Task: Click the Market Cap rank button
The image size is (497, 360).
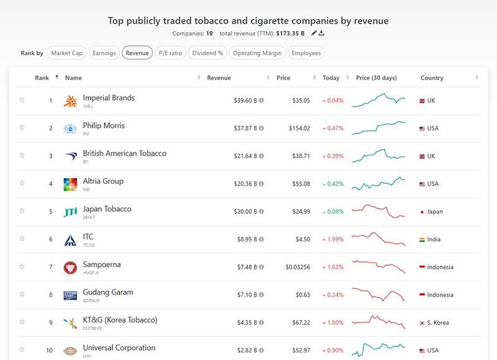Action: pos(66,53)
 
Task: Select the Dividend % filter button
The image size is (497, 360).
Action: pos(207,53)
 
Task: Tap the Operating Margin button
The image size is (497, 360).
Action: pos(257,53)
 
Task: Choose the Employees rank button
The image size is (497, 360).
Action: pos(306,53)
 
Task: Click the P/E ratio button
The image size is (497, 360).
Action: pos(170,53)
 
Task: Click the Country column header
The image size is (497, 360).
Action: pos(432,78)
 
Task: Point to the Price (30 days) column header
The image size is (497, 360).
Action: pos(376,78)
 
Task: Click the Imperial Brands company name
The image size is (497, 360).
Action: pos(109,97)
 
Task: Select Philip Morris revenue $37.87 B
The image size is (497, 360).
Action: pos(245,128)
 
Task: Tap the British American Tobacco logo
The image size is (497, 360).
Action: pos(70,156)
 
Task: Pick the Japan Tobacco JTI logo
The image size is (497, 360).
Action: pos(70,212)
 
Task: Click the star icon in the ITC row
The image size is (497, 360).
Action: pos(22,238)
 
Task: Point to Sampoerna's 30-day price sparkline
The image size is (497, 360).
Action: pos(378,267)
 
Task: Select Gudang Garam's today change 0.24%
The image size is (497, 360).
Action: pos(333,295)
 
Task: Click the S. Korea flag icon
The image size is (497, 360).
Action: pos(422,323)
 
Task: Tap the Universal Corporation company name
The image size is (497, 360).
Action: pos(119,348)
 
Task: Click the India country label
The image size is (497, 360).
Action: pos(435,240)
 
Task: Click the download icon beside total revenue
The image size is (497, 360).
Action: pos(322,33)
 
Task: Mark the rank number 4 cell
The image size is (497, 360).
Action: pos(51,184)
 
